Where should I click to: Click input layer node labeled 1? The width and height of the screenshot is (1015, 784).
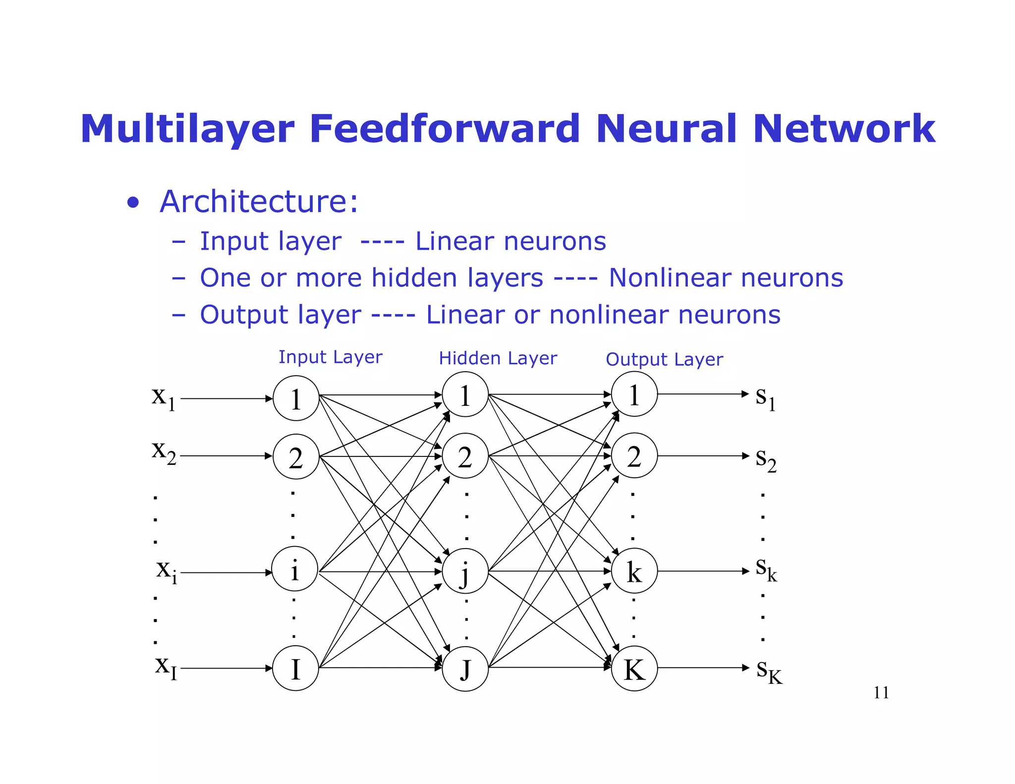[296, 398]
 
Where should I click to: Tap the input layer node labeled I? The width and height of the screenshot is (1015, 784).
[295, 668]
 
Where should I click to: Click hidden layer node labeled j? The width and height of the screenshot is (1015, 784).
[465, 571]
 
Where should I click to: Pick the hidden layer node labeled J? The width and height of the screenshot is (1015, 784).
[465, 669]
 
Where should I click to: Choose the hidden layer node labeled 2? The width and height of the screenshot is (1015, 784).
[465, 456]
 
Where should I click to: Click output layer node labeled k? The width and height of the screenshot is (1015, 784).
[634, 571]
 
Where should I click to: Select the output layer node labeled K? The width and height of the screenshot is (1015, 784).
[634, 669]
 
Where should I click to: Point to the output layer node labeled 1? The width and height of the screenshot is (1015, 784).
[634, 394]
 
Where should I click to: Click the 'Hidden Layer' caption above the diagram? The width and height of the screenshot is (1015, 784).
[498, 358]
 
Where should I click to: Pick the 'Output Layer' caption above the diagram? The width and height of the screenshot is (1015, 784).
[664, 359]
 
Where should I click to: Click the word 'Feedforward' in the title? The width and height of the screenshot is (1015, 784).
[445, 129]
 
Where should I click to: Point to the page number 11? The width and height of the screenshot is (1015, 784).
[881, 692]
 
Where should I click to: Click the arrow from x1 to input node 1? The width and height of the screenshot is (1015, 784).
[226, 398]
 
